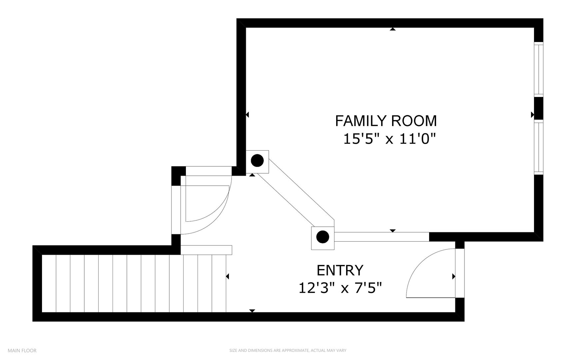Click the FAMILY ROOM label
coord(386,121)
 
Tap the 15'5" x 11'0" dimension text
coord(389,138)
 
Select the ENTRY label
coord(340,270)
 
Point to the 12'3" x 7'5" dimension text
coord(340,288)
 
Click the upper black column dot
coord(257,161)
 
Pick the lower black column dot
coord(322,237)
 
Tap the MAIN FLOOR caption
coord(22,350)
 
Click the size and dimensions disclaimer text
coord(288,350)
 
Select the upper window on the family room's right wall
coord(539,69)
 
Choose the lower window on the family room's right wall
coord(539,147)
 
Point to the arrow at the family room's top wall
coord(393,29)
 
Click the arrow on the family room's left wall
coord(247,115)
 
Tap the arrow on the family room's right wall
coord(532,115)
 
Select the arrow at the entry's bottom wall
coord(252,311)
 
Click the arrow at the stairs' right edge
coord(228,276)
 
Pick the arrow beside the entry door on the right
coord(454,276)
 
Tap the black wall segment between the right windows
coord(539,108)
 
